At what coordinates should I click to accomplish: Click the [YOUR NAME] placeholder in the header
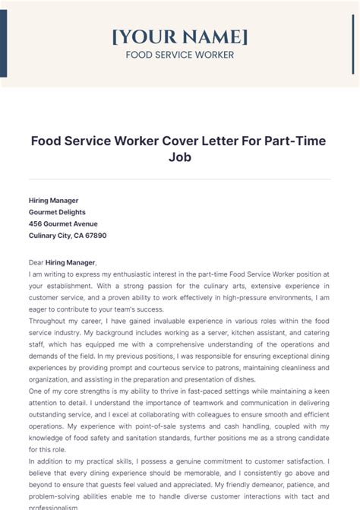(x=179, y=36)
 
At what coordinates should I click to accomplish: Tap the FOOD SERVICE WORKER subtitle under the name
(x=179, y=55)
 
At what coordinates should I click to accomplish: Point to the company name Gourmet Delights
(x=57, y=212)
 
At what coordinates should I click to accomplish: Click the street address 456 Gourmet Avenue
(x=63, y=223)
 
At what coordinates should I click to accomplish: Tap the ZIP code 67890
(x=94, y=236)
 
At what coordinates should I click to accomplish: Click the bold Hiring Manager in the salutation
(x=71, y=261)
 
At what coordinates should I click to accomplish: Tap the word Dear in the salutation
(x=36, y=261)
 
